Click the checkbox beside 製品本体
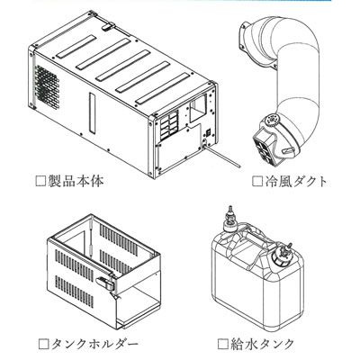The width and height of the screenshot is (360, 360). (40, 181)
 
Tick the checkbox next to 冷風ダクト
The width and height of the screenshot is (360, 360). (256, 181)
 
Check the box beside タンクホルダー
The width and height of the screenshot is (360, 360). (44, 344)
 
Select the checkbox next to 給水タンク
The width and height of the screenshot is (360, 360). (222, 344)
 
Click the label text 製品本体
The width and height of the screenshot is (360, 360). (76, 181)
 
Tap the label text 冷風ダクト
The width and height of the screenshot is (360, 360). (296, 181)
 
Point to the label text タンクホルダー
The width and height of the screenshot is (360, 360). (95, 344)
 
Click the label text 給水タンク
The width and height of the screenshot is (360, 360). (262, 344)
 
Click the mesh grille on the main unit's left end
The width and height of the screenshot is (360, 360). (47, 85)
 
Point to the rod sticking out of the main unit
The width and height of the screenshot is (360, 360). (222, 156)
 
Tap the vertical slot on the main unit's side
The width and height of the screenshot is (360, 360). (93, 112)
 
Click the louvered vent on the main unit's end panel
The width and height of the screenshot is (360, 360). (168, 126)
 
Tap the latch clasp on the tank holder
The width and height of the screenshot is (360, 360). (105, 282)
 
